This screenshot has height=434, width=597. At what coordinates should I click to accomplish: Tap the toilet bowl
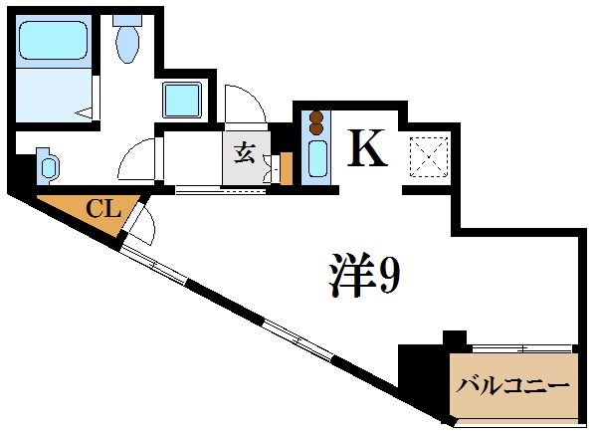coord(128,46)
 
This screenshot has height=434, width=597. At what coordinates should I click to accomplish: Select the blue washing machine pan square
coord(183,101)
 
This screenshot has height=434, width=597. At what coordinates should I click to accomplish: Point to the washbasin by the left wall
coord(46,165)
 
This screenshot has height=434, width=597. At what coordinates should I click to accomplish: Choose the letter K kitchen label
coord(366,148)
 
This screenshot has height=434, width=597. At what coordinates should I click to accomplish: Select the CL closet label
coord(102,209)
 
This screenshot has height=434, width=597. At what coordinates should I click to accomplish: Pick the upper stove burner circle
coord(317,114)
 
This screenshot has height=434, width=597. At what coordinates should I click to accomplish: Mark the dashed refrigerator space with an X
coord(431,153)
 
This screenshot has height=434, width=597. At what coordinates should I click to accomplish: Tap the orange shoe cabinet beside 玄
coord(287,169)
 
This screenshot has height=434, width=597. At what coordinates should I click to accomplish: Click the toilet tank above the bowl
coord(127,19)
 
